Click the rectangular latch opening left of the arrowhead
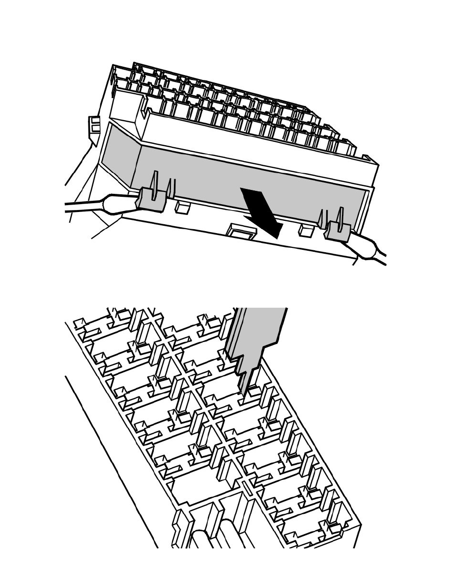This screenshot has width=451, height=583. coord(240,229)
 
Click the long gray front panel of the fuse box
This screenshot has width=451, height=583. coord(246,182)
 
